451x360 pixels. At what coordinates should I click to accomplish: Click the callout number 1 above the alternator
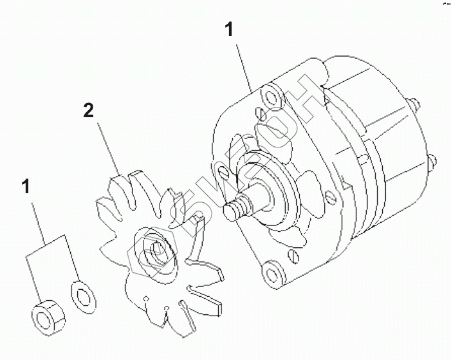[x=229, y=30]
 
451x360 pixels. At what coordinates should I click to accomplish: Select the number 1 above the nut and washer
[x=26, y=187]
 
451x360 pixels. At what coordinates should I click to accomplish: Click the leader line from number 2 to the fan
[x=108, y=147]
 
